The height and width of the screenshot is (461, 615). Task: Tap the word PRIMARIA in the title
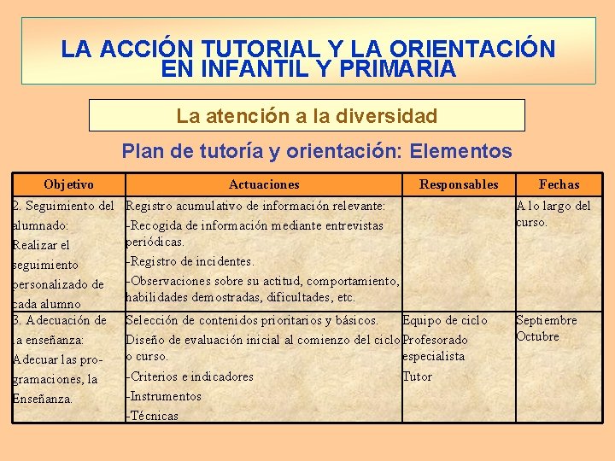[x=397, y=69]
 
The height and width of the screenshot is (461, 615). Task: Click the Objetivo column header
[x=68, y=184]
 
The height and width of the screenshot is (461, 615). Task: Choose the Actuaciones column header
[x=264, y=184]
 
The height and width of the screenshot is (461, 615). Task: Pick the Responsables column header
[x=459, y=184]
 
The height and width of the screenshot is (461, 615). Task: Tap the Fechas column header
[x=559, y=184]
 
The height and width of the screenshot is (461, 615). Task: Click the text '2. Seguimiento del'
[x=64, y=206]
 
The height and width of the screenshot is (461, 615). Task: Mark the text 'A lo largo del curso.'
[x=553, y=213]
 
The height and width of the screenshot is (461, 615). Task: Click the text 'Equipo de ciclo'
[x=445, y=320]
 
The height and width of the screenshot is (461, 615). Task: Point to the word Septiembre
[x=546, y=320]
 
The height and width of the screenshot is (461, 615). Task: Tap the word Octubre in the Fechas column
[x=538, y=336]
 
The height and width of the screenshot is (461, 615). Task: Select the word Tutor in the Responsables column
[x=418, y=376]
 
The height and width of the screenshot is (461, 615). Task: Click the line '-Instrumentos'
[x=163, y=396]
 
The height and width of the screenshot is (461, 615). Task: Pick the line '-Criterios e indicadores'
[x=190, y=376]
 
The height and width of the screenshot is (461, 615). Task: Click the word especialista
[x=434, y=356]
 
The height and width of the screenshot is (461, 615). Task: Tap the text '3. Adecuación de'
[x=60, y=320]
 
